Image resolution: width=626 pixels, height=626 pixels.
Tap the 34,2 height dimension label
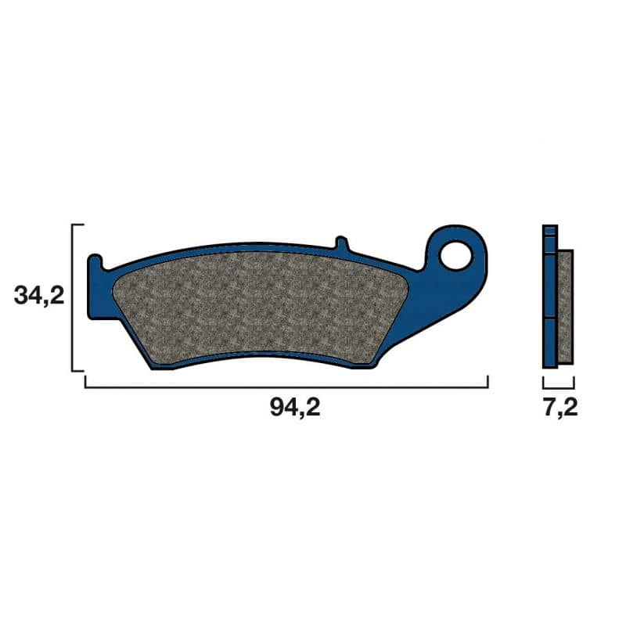pos(38,295)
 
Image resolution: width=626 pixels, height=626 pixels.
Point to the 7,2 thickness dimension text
pos(559,408)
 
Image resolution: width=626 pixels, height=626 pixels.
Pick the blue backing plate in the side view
pos(550,313)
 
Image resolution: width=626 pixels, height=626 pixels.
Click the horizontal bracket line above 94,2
pos(286,387)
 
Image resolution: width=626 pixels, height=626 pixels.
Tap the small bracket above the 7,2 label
pos(559,387)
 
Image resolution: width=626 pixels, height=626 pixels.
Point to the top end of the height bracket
pos(77,225)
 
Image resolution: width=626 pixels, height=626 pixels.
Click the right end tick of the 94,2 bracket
pos(488,381)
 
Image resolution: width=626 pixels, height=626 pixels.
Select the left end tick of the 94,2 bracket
pos(85,381)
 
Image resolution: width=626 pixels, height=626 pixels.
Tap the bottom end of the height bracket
pos(77,370)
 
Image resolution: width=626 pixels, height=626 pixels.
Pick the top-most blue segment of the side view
pos(550,230)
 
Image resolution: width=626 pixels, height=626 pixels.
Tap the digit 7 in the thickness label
pos(546,408)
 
